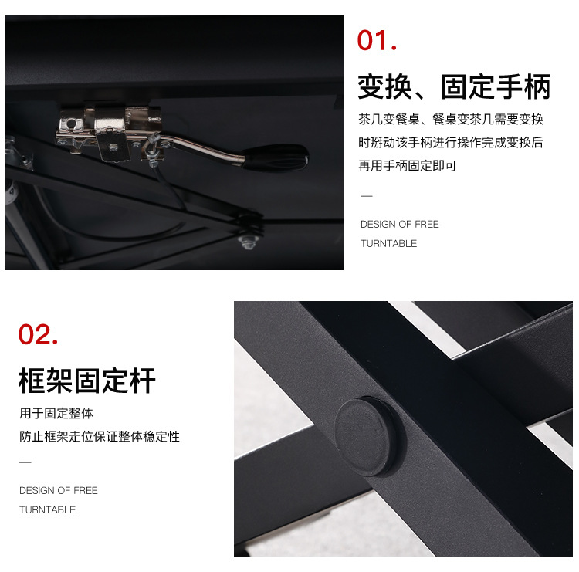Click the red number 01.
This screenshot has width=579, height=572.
tap(377, 40)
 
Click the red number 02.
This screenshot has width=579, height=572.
tap(38, 334)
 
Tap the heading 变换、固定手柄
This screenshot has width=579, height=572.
tap(454, 86)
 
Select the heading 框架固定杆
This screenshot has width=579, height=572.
tap(87, 381)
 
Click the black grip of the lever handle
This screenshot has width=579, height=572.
tap(275, 157)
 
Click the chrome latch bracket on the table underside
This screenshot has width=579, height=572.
tap(109, 133)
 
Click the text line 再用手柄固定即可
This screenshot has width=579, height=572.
tap(408, 166)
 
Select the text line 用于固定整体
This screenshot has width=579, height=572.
tap(56, 413)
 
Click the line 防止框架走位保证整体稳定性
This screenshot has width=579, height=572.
tap(100, 436)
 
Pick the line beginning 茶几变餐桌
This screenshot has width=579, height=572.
tap(451, 120)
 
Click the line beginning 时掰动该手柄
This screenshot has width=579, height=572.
tap(451, 143)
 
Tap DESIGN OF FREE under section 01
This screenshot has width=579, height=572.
tap(400, 224)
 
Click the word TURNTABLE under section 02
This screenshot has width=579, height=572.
tap(47, 510)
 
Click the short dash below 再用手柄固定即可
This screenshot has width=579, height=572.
tap(366, 196)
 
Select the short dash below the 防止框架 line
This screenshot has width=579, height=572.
tap(25, 462)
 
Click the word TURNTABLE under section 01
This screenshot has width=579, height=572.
tap(388, 244)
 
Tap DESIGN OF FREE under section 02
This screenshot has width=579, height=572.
tap(59, 490)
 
